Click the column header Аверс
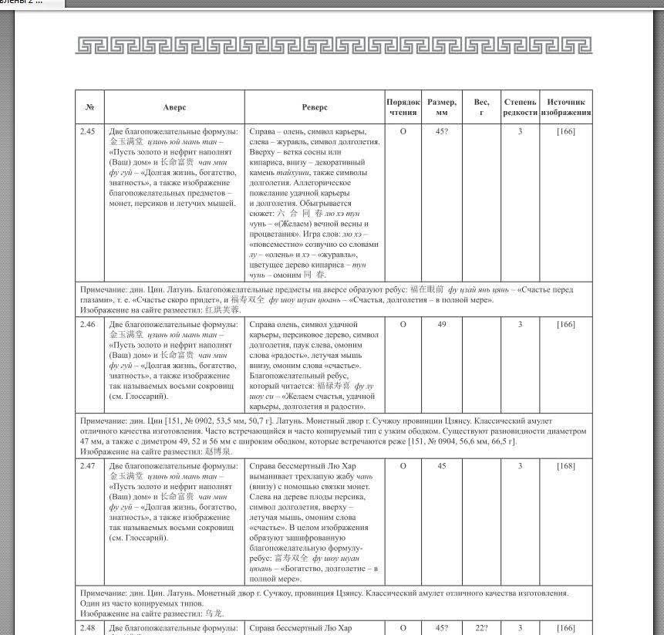coord(174,107)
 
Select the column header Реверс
coord(315,107)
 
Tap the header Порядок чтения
coord(403,107)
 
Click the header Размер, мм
coord(442,107)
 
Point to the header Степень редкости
coord(520,107)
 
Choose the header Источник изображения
coord(566,107)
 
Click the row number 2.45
coord(88,132)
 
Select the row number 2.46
coord(88,325)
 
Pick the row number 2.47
coord(88,466)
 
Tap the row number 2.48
coord(88,629)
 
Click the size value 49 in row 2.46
coord(442,325)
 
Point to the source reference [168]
coord(566,466)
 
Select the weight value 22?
coord(481,629)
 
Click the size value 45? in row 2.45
coord(442,132)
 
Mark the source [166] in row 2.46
coord(566,325)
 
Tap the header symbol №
coord(89,107)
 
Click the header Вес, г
coord(481,107)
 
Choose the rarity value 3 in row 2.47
coord(520,466)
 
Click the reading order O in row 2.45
coord(403,132)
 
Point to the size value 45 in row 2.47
coord(442,466)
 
